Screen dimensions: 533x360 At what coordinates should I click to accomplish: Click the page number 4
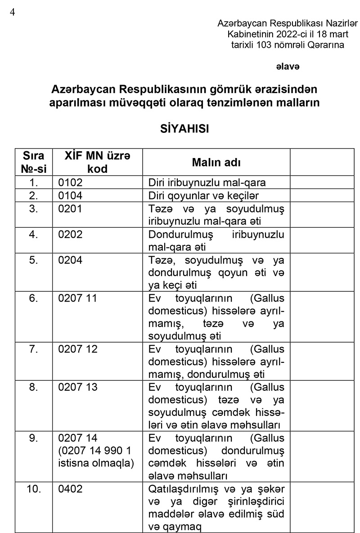[x=12, y=12]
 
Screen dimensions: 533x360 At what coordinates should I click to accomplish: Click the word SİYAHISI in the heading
[x=185, y=128]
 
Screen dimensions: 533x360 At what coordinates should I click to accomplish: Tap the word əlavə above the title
[x=288, y=66]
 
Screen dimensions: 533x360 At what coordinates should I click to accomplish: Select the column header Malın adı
[x=216, y=163]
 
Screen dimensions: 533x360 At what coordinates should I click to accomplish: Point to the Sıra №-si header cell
[x=34, y=162]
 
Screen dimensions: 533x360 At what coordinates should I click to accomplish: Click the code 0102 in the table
[x=71, y=183]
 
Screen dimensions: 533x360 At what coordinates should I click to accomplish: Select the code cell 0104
[x=71, y=196]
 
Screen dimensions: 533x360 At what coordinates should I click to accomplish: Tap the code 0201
[x=71, y=209]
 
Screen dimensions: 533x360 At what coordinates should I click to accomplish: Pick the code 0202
[x=71, y=235]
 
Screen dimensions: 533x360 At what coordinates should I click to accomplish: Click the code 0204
[x=71, y=260]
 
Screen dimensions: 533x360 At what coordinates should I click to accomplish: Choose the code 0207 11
[x=78, y=298]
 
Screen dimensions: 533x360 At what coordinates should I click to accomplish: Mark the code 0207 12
[x=78, y=349]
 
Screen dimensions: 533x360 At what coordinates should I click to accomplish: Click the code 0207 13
[x=78, y=387]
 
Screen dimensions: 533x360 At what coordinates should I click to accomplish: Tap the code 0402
[x=71, y=489]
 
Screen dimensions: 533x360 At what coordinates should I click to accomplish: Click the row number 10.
[x=34, y=489]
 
